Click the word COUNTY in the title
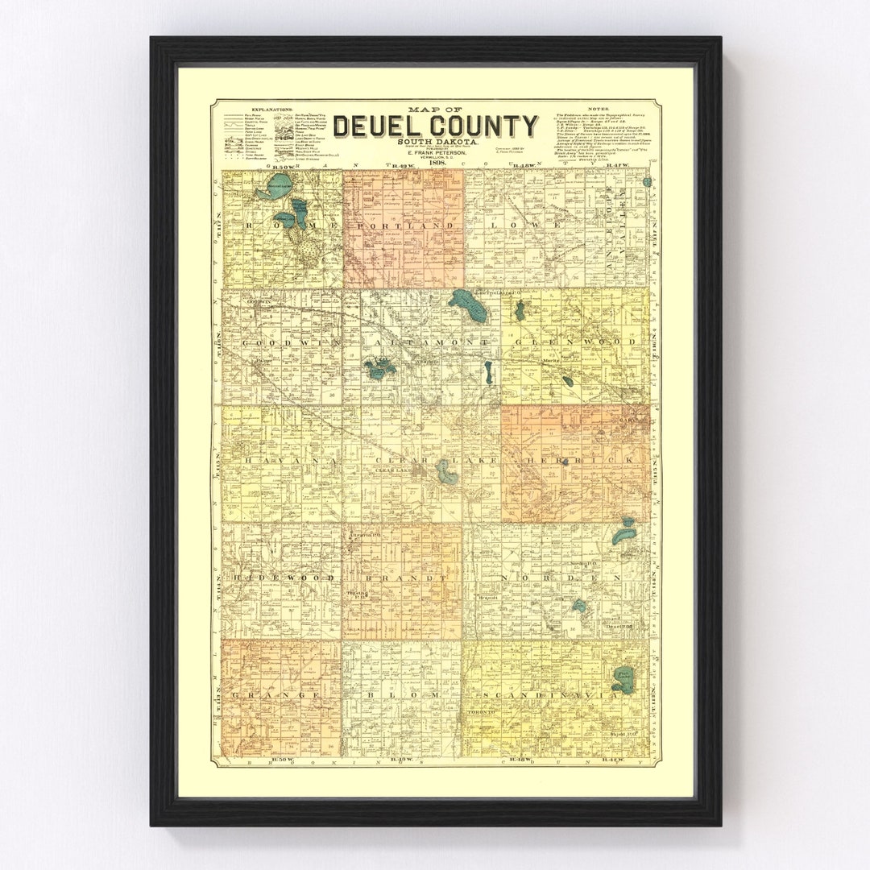483,126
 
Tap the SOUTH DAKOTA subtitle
436,143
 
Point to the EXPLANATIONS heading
272,108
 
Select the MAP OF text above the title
436,109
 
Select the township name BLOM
400,694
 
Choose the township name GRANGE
280,694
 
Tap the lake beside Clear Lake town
446,471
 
